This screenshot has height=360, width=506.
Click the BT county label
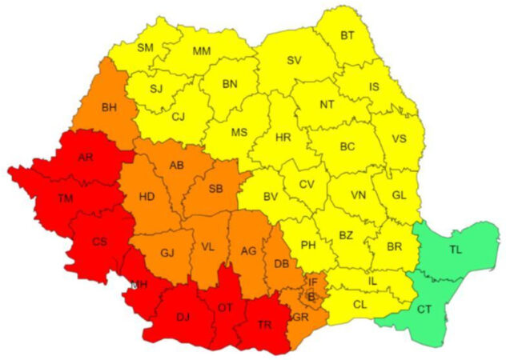click(347, 35)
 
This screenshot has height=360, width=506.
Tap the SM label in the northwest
click(145, 47)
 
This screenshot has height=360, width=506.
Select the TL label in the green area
click(456, 250)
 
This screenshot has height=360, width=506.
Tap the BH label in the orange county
click(109, 106)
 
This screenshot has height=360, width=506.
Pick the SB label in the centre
click(215, 189)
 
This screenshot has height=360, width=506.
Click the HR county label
click(283, 138)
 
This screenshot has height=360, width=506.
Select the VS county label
click(399, 138)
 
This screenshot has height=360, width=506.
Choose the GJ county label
click(167, 253)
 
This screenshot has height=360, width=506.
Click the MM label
click(203, 50)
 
